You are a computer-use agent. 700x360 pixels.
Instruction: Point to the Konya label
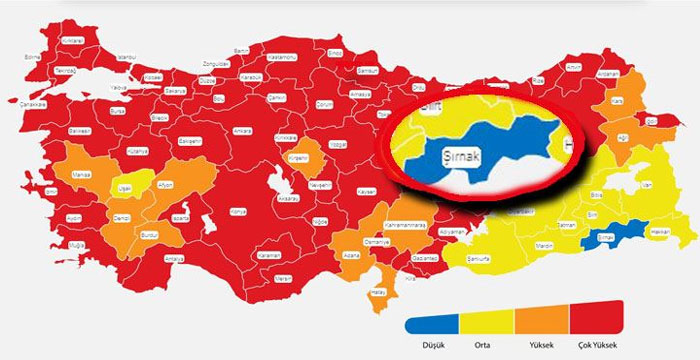[237, 212]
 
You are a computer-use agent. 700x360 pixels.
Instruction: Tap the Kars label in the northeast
[617, 102]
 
